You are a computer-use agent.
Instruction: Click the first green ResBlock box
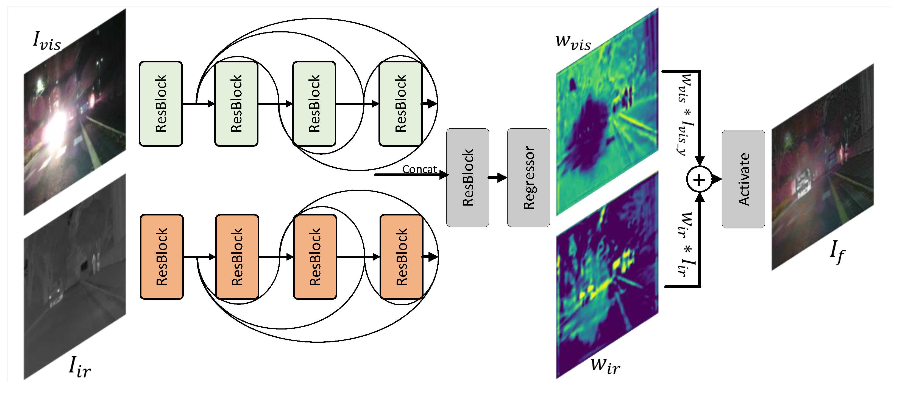(161, 104)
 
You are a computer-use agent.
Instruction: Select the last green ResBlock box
(400, 104)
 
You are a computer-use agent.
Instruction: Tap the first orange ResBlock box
(161, 257)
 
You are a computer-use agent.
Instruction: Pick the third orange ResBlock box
(315, 257)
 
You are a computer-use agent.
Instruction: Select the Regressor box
(528, 178)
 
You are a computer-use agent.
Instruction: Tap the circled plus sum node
(699, 180)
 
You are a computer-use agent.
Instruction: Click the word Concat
(419, 170)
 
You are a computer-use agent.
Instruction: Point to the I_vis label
(47, 41)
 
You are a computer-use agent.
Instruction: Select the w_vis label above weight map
(573, 42)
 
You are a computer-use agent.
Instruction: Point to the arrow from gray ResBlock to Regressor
(497, 178)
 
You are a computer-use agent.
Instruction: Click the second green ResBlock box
(236, 104)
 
